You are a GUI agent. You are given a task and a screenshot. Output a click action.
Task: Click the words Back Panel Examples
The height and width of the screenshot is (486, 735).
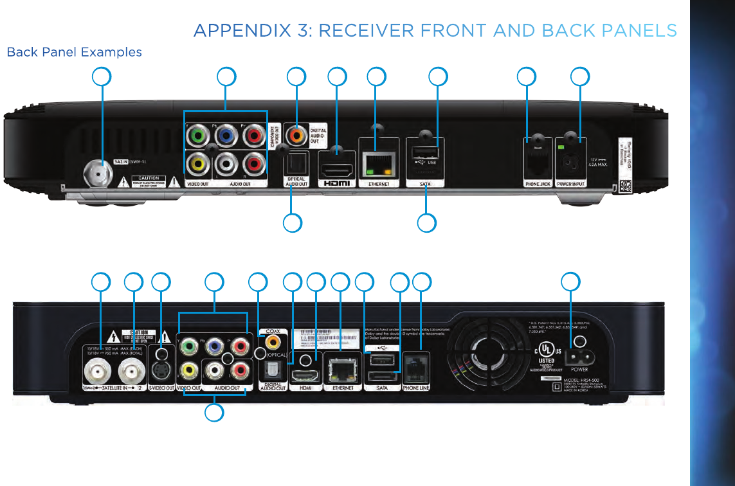pos(74,52)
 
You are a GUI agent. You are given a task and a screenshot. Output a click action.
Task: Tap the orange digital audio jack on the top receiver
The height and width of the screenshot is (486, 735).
pos(296,136)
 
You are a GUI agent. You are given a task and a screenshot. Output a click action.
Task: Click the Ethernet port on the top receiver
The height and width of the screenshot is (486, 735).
pos(377,165)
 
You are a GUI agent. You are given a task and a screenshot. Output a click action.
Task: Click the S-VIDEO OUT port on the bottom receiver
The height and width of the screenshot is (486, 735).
pos(161,371)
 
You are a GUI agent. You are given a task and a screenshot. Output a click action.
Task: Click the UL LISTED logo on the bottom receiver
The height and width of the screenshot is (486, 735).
pos(547,355)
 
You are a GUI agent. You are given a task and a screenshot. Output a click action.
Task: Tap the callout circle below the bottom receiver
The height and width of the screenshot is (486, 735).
pos(215,413)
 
